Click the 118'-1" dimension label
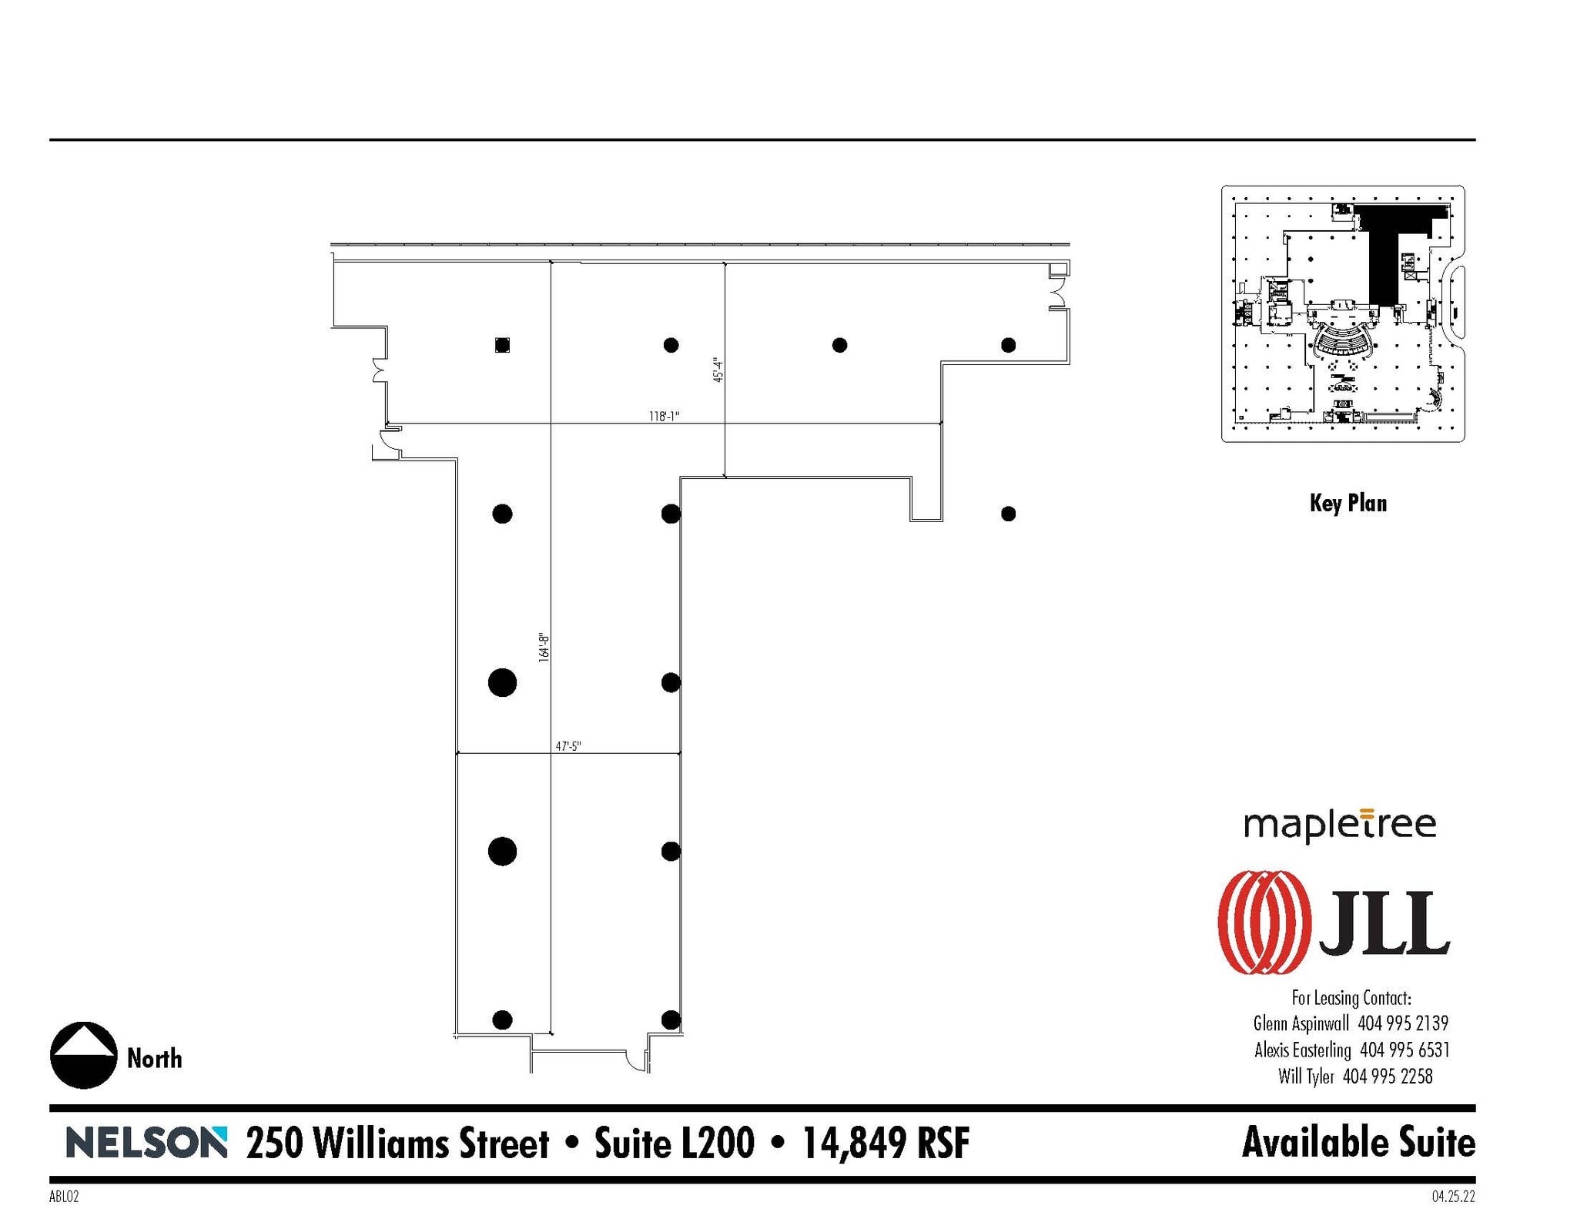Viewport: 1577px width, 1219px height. click(x=664, y=417)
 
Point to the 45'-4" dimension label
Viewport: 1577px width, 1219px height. click(x=718, y=370)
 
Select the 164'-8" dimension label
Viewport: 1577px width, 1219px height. click(x=544, y=648)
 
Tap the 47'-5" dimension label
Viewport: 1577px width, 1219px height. click(x=568, y=746)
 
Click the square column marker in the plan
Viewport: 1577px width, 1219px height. click(x=502, y=345)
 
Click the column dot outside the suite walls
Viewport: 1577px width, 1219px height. click(x=1008, y=514)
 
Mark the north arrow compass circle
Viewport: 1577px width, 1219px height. click(x=83, y=1055)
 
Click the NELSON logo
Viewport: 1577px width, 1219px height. click(x=146, y=1143)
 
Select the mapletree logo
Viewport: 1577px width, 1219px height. click(x=1340, y=826)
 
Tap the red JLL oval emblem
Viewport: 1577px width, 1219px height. click(x=1264, y=923)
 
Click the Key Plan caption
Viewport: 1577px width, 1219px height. click(x=1348, y=504)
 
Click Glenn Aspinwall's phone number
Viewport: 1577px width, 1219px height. click(x=1403, y=1023)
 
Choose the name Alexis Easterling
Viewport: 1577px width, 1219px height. click(x=1302, y=1050)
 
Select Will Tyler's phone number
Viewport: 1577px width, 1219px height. click(x=1388, y=1076)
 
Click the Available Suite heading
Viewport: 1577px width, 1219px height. click(x=1358, y=1143)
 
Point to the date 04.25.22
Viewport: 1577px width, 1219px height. click(x=1453, y=1197)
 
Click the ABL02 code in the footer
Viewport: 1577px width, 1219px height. click(x=63, y=1197)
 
